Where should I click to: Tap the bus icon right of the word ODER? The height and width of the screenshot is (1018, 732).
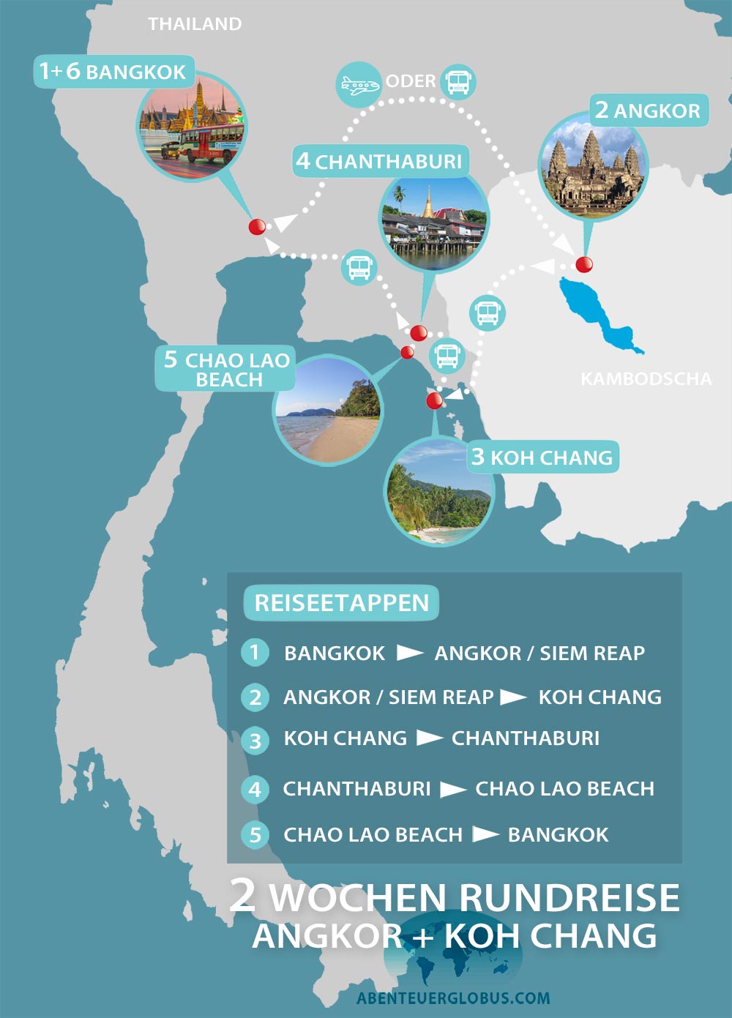coord(458,81)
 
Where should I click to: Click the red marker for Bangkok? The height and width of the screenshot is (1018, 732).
coord(257,227)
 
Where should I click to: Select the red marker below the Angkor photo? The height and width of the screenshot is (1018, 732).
coord(583,264)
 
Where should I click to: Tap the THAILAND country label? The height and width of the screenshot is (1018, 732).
coord(195,24)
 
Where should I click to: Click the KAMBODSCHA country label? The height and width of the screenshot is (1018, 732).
coord(646,379)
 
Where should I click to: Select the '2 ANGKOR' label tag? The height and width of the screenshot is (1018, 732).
coord(649,111)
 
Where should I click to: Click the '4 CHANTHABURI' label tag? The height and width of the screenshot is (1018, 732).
coord(379,161)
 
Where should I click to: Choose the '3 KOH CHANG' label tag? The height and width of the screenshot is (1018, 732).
coord(542,457)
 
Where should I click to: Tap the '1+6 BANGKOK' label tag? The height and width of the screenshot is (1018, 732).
coord(113,72)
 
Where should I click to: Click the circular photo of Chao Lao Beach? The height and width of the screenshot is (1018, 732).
coord(327,410)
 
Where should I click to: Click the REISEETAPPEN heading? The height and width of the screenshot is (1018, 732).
coord(341,603)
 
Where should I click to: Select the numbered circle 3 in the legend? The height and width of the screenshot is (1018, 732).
coord(255,741)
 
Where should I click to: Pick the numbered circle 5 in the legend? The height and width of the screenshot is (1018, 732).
coord(255,834)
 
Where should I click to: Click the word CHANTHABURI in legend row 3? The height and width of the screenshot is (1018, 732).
coord(525,738)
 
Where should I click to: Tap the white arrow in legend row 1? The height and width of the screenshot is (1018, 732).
coord(409,653)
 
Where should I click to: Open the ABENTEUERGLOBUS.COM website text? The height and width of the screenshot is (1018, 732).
coord(453,998)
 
